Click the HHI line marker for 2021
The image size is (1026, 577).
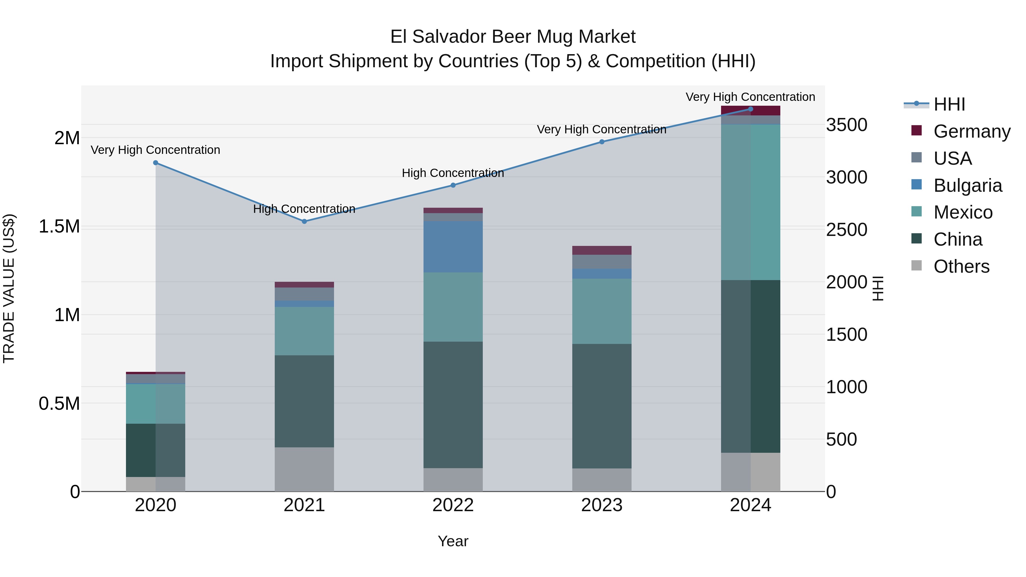(304, 221)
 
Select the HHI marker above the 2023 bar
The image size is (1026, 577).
(602, 142)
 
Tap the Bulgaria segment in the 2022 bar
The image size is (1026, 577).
(453, 247)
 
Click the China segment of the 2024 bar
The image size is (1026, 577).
(750, 366)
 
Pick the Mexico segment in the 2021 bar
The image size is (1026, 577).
(304, 331)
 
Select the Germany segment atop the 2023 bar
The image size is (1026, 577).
(602, 250)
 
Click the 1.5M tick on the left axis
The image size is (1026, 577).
(59, 227)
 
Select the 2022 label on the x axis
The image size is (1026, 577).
(453, 505)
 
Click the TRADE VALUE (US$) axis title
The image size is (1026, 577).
(9, 288)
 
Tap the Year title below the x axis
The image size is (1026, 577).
(453, 542)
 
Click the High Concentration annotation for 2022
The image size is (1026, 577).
(453, 173)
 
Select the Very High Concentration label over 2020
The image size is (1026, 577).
(155, 150)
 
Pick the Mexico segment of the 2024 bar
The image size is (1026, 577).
(750, 202)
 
